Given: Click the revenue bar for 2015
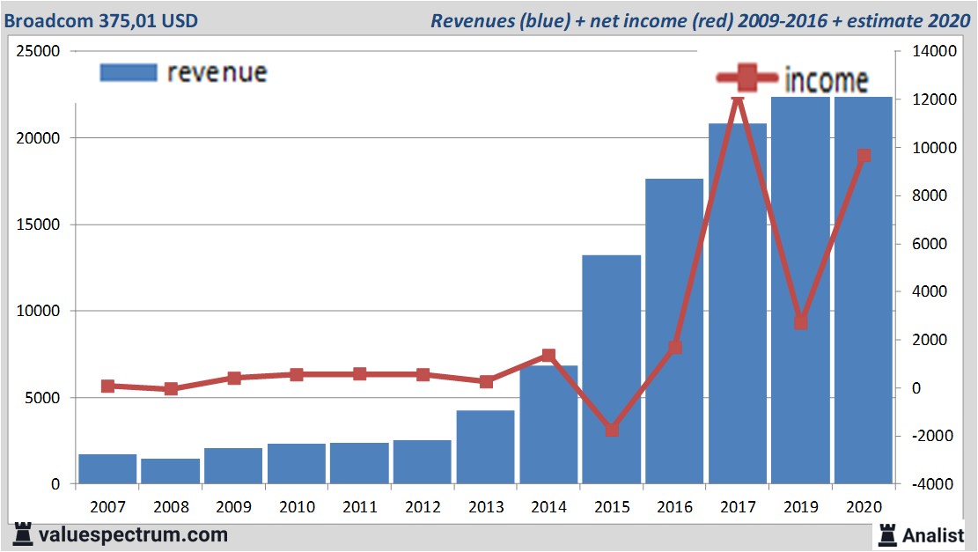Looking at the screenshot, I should coord(611,370).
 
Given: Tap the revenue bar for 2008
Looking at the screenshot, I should coord(170,471).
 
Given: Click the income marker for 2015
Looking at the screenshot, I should coord(612,430).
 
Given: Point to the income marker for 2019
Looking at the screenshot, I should coord(800,322).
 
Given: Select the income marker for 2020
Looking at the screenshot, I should coord(864,156).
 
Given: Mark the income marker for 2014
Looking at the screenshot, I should coord(548,356).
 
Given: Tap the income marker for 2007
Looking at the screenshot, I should coord(107,386).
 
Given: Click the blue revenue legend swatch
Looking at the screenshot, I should coord(128,72).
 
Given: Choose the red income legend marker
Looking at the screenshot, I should coord(746,78).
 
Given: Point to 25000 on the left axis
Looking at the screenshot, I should coord(38,52).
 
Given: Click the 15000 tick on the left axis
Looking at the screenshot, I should coord(38,224).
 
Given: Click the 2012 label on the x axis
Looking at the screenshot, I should coord(423,507).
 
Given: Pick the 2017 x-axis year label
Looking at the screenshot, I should coord(738,507).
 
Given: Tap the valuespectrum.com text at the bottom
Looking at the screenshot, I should coord(132,534).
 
